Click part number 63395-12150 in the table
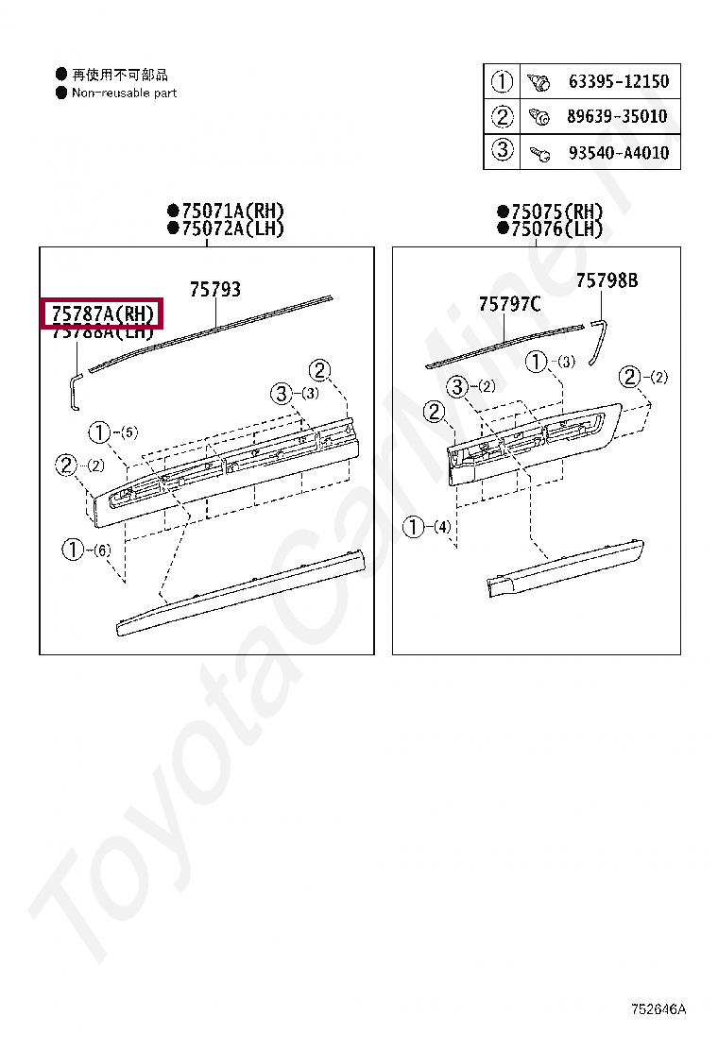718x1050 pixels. point(618,82)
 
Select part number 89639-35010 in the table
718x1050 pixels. point(618,117)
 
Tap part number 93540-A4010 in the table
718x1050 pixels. point(618,152)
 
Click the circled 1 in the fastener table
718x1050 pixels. point(502,82)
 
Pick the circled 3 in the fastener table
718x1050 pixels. point(502,151)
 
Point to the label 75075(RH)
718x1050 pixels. point(556,211)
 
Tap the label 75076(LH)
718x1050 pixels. point(556,228)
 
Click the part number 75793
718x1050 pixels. point(214,289)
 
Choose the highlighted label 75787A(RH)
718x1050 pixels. point(102,313)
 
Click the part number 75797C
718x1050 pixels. point(509,304)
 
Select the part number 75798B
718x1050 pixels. point(607,280)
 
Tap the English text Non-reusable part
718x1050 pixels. point(124,93)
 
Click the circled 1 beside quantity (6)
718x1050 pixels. point(73,549)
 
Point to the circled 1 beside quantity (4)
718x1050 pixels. point(414,527)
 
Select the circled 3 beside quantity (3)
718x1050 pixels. point(282,394)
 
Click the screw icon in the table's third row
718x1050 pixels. point(539,152)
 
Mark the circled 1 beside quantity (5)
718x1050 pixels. point(99,432)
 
